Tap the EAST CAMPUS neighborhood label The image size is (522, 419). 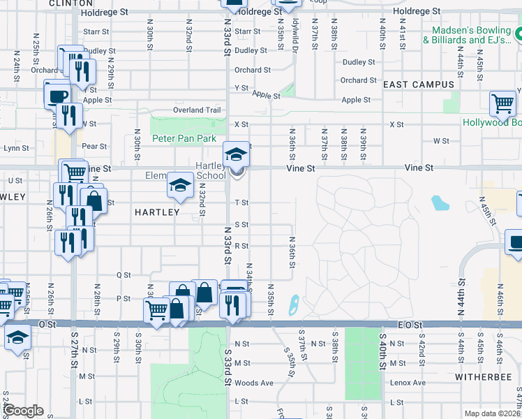click(419, 84)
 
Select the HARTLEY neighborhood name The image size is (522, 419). click(156, 212)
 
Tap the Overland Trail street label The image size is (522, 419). click(197, 110)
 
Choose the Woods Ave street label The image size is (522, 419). click(254, 383)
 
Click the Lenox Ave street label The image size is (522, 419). click(408, 383)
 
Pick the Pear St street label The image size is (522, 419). click(94, 147)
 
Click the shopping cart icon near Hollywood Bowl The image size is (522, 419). click(502, 104)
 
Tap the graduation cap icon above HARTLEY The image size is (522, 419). click(180, 185)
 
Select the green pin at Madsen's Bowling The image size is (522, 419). click(516, 34)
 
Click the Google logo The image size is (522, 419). click(23, 411)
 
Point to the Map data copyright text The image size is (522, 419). click(492, 413)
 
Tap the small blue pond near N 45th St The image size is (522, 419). click(439, 203)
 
